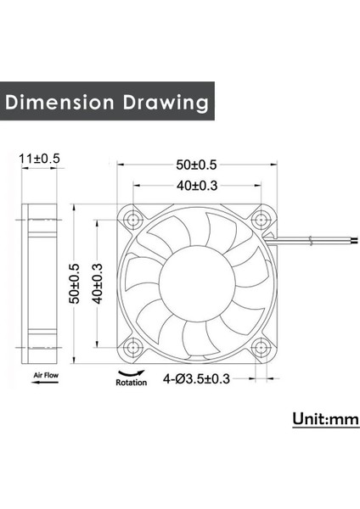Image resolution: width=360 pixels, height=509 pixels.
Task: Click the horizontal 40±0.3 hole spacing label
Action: tap(197, 184)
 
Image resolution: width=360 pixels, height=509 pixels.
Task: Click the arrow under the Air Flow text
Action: tap(43, 384)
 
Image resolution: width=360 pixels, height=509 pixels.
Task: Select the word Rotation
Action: tap(131, 383)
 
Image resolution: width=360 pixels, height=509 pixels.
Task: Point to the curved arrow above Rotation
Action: tap(131, 372)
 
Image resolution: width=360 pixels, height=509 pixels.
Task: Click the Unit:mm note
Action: tap(325, 420)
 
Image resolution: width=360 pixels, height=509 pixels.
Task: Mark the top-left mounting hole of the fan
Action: tap(134, 219)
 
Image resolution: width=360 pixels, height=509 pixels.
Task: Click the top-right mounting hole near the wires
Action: tap(261, 219)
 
